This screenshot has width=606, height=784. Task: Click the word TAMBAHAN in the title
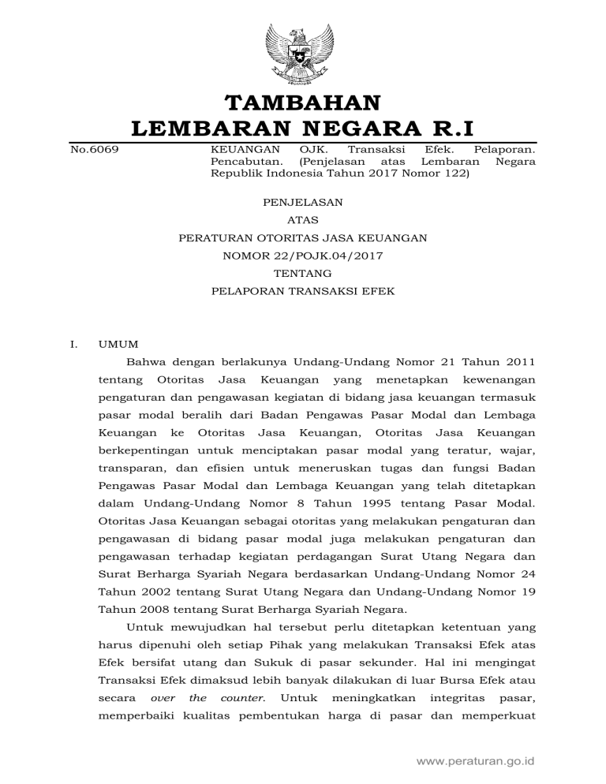click(x=303, y=103)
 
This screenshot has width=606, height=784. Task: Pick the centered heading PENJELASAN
click(x=303, y=202)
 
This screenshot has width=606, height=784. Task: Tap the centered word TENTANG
click(x=303, y=273)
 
